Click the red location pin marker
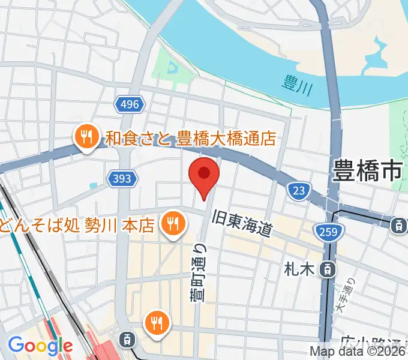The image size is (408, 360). (204, 175)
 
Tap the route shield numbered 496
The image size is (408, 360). (129, 105)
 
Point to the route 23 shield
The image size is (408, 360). (298, 191)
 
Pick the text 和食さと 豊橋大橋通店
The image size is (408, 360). (190, 139)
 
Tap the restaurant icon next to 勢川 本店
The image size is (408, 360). (173, 224)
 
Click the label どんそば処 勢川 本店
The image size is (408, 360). (78, 226)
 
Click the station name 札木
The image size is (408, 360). (299, 269)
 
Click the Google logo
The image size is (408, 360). (40, 346)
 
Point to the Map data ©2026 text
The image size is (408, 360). (358, 352)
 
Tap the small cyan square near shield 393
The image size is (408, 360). (92, 185)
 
